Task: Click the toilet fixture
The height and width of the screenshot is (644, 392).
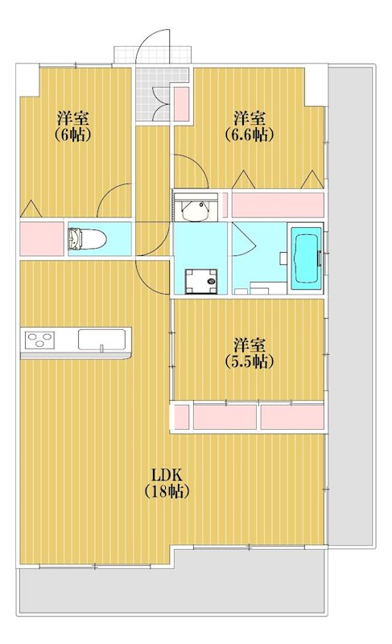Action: [87, 238]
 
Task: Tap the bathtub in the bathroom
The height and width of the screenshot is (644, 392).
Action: [306, 258]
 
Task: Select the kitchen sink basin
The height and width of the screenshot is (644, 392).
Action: [101, 340]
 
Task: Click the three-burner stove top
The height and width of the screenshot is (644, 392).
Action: [39, 340]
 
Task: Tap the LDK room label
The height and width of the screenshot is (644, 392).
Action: [167, 475]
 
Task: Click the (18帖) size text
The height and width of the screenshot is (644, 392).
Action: [167, 491]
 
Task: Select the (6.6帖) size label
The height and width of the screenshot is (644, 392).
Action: [250, 134]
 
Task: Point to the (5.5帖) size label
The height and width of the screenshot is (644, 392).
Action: [250, 361]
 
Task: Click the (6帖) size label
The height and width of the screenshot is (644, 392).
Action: [73, 134]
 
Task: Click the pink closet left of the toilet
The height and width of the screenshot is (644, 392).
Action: [42, 238]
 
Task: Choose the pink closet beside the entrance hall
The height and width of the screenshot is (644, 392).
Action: [181, 104]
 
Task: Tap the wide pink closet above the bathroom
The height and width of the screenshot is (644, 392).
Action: [278, 204]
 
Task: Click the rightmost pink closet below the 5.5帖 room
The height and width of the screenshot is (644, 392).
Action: [292, 417]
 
